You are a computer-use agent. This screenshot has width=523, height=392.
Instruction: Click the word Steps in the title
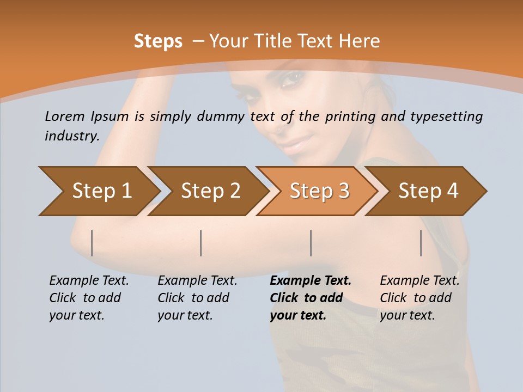[x=158, y=41]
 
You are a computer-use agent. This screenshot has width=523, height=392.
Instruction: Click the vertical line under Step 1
[x=92, y=243]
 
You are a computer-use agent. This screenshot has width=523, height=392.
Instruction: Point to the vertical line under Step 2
[x=201, y=243]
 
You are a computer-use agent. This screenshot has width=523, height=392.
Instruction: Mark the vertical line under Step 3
[x=311, y=243]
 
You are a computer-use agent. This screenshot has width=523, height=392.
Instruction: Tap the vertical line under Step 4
[x=421, y=243]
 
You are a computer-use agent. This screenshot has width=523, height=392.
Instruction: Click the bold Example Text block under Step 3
[x=310, y=298]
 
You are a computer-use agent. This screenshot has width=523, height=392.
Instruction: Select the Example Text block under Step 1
[x=89, y=298]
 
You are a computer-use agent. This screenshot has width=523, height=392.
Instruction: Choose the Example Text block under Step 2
[x=197, y=298]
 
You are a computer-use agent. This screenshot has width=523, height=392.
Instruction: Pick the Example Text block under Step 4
[x=419, y=298]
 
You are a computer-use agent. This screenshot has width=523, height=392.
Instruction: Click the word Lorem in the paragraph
[x=65, y=117]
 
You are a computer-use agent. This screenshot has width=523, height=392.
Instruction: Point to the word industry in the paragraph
[x=71, y=136]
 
